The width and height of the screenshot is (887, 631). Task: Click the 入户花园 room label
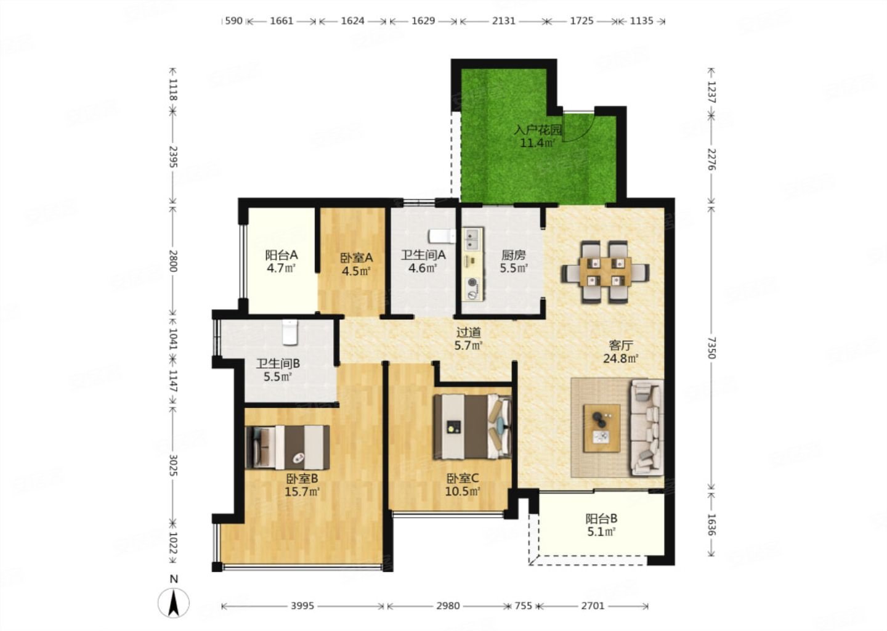click(x=538, y=129)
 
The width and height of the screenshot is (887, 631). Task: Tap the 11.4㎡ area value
click(x=537, y=143)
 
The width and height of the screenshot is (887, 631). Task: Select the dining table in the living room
click(x=605, y=272)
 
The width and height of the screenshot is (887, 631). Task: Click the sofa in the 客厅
click(x=647, y=428)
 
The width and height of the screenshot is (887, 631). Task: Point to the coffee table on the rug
click(x=601, y=428)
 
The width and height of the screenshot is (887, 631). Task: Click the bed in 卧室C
click(x=472, y=426)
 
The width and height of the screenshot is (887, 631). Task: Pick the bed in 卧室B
click(x=287, y=447)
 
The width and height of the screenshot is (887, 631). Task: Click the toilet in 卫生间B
click(x=290, y=332)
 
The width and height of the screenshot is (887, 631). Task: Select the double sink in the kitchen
click(x=472, y=239)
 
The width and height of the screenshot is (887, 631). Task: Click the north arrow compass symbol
click(x=174, y=603)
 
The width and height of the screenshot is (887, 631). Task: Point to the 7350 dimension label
click(x=712, y=348)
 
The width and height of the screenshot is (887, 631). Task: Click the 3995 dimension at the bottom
click(x=302, y=606)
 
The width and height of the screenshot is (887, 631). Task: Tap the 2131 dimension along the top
click(x=503, y=20)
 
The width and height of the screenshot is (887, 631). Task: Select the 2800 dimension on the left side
click(x=173, y=261)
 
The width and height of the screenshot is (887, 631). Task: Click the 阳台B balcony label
click(x=601, y=518)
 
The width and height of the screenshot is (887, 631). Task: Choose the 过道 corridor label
click(x=468, y=332)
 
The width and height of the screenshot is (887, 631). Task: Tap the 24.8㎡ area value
click(x=620, y=359)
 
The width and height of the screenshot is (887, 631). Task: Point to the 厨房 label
click(x=513, y=255)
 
